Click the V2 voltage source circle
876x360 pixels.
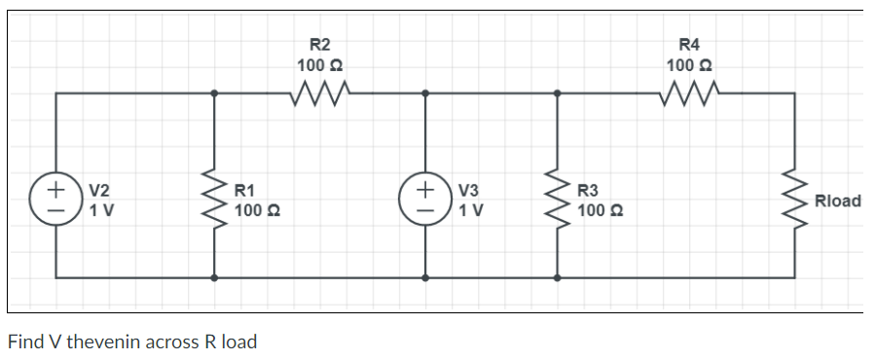click(56, 195)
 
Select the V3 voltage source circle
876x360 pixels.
click(424, 195)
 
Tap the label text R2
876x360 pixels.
click(319, 44)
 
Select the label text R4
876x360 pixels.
click(688, 44)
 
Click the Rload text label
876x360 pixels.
click(838, 201)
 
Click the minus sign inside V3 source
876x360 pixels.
click(424, 207)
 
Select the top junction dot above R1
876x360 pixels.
click(214, 93)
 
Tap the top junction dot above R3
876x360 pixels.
click(557, 93)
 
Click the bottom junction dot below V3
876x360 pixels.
click(424, 276)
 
